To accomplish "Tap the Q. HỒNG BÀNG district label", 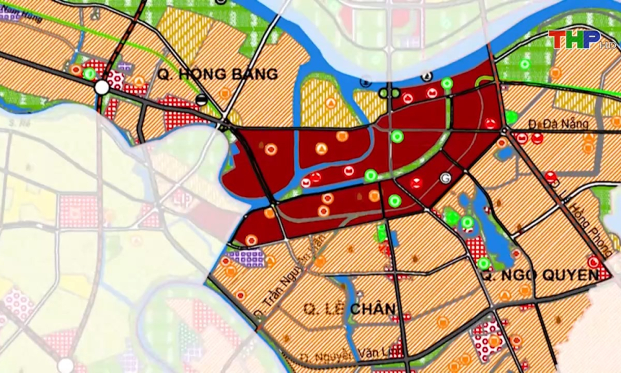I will tap(217, 74).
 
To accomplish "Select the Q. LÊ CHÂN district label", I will tap(350, 310).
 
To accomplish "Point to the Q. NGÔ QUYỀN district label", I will tap(539, 275).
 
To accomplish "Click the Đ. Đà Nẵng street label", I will tap(549, 123).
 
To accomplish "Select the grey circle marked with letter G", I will tap(444, 177).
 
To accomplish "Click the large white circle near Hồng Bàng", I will tap(102, 87).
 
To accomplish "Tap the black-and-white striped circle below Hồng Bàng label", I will tap(202, 100).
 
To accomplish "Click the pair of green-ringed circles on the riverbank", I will tap(389, 93).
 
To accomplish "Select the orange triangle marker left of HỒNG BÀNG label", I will tap(139, 82).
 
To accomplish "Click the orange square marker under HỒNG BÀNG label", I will tap(224, 93).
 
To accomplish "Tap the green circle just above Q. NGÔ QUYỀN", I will tap(483, 264).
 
